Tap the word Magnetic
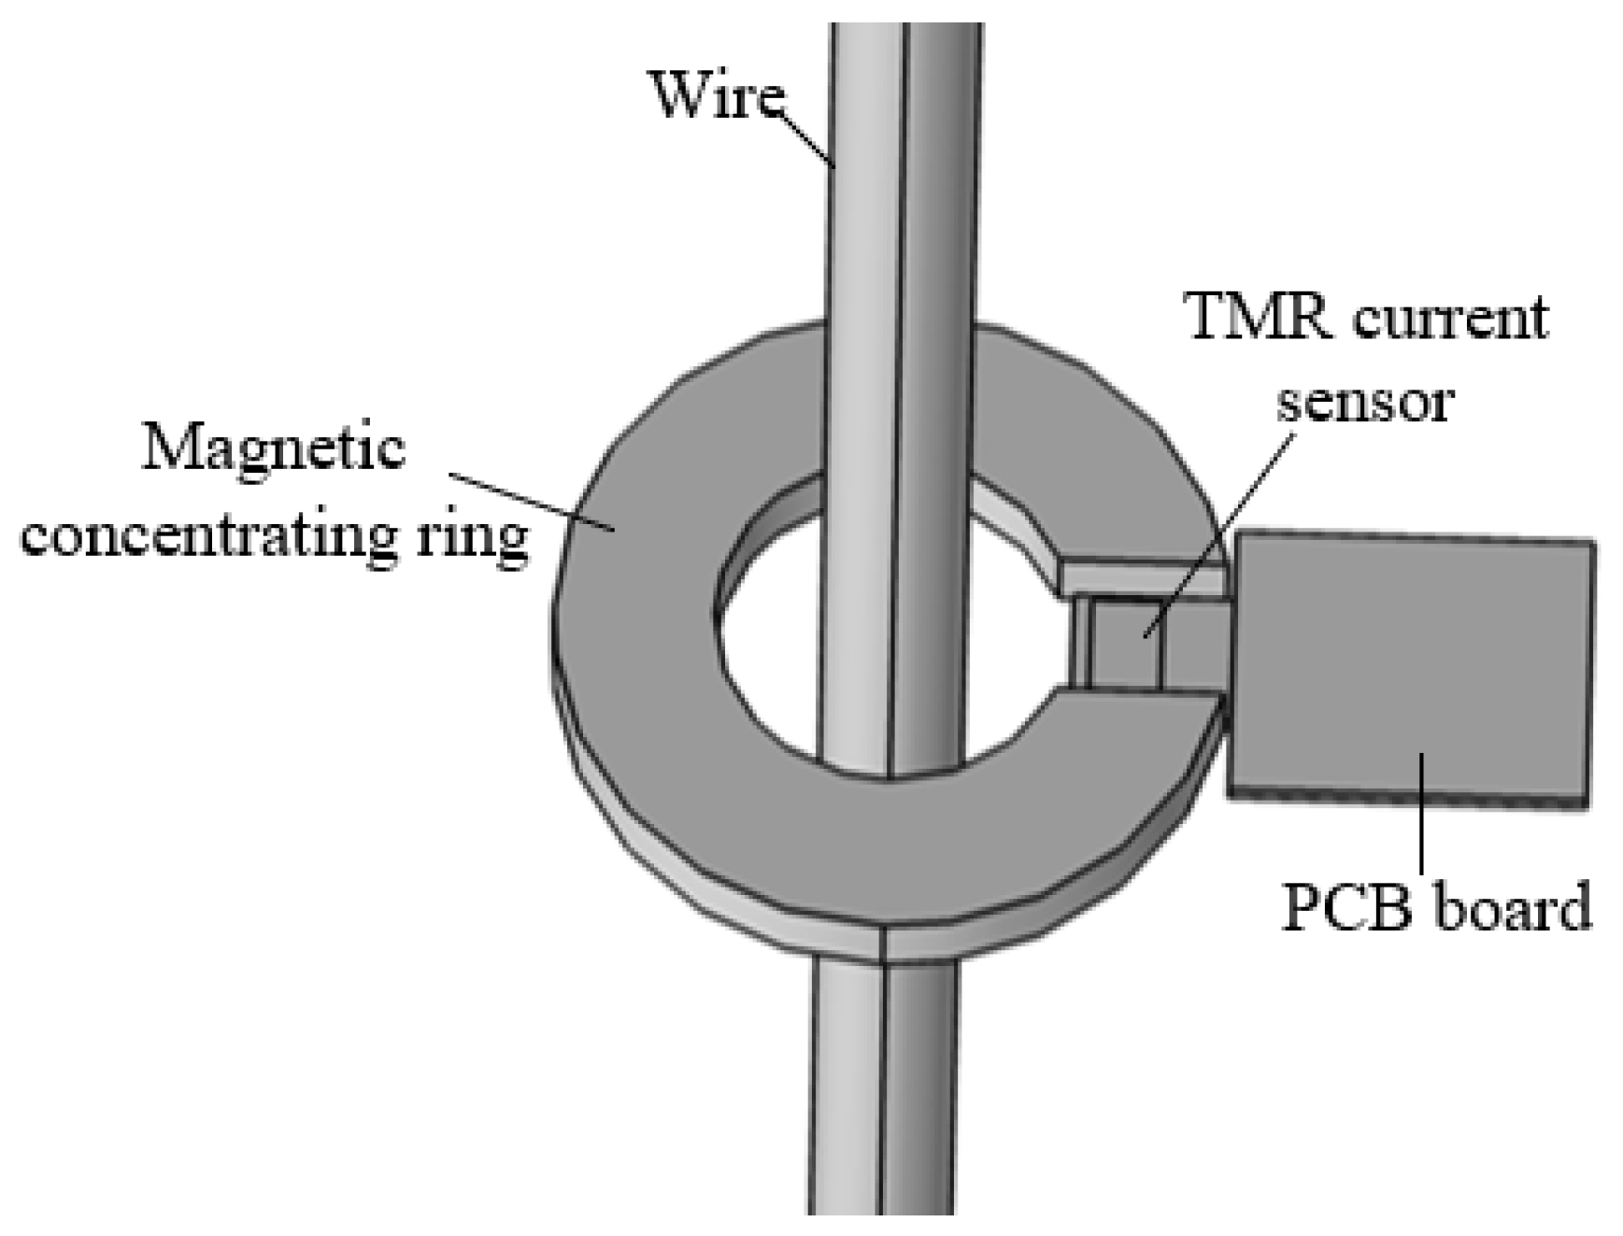(x=273, y=450)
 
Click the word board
(x=1512, y=907)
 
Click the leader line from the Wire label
(x=808, y=140)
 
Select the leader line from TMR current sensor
(x=1219, y=533)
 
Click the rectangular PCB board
(x=1411, y=663)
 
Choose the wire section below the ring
(x=883, y=1093)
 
